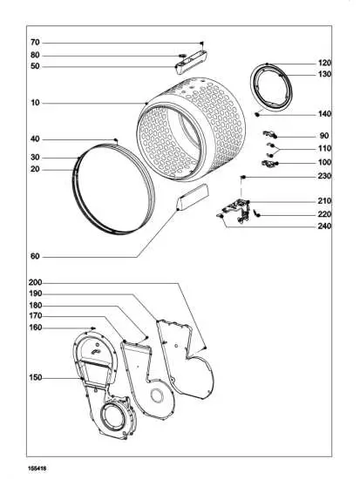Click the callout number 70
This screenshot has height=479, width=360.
coord(35,43)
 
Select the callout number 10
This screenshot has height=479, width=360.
coord(35,104)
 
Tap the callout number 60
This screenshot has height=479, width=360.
coord(35,257)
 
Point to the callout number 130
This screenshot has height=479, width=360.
coord(324,75)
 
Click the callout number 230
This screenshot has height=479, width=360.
coord(324,177)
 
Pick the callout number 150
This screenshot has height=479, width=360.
coord(35,378)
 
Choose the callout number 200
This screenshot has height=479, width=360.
coord(35,283)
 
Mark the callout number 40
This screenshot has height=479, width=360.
coord(35,139)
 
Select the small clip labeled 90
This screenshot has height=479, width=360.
coord(270,133)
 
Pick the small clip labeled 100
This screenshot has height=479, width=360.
coord(270,162)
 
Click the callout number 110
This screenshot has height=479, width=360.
coord(324,149)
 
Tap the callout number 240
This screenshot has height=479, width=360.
coord(324,226)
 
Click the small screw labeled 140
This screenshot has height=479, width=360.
coord(258,114)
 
